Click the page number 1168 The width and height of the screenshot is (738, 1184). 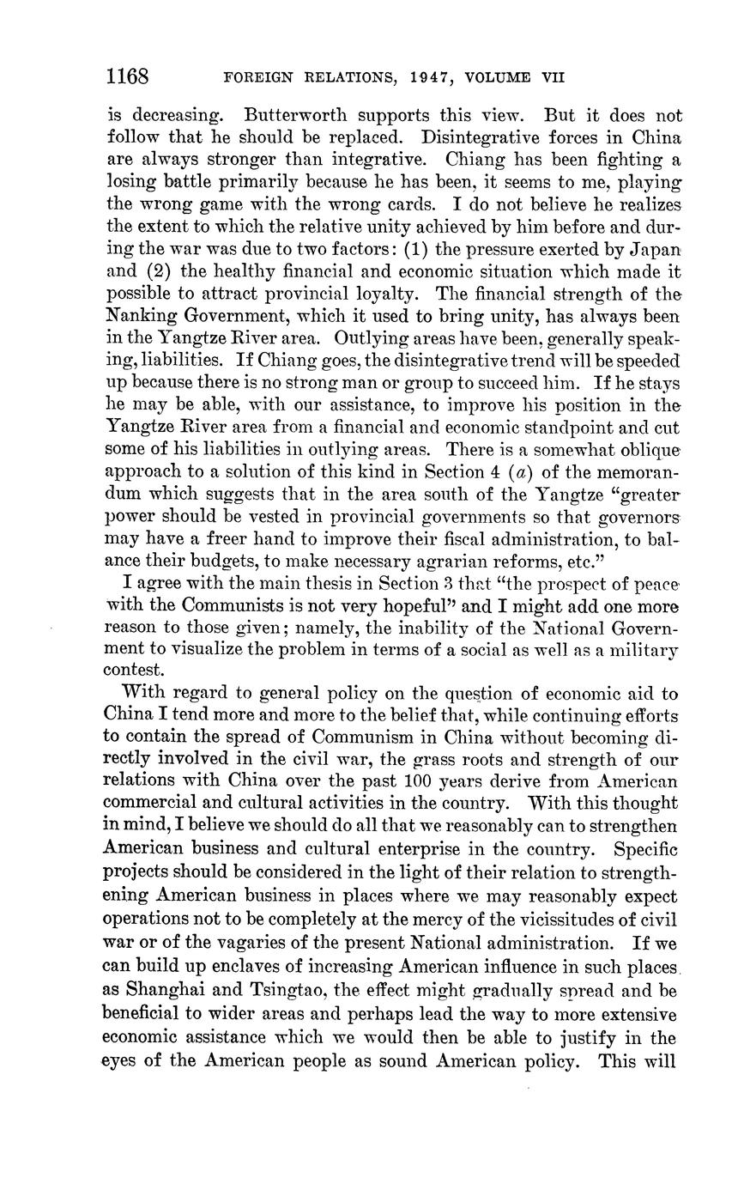pyautogui.click(x=128, y=76)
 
